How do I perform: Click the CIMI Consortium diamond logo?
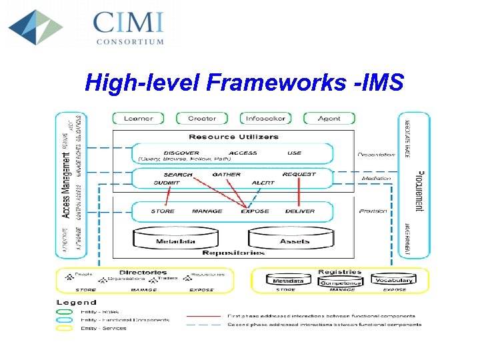pos(35,27)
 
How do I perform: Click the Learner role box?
pos(138,118)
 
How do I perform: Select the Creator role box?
pos(201,118)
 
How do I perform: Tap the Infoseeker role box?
pos(265,118)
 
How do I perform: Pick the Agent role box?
pos(329,118)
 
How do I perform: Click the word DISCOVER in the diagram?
pos(181,153)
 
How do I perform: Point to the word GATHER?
pos(227,175)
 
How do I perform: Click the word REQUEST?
pos(299,175)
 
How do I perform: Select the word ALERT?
pos(263,183)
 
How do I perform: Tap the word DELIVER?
pos(300,211)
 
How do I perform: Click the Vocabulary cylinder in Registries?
pos(394,281)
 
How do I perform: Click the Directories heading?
pos(143,273)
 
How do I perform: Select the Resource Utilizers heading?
pos(233,137)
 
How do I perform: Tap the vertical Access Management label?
pos(67,185)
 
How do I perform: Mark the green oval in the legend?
pos(65,311)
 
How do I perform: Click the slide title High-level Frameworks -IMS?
pos(245,82)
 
